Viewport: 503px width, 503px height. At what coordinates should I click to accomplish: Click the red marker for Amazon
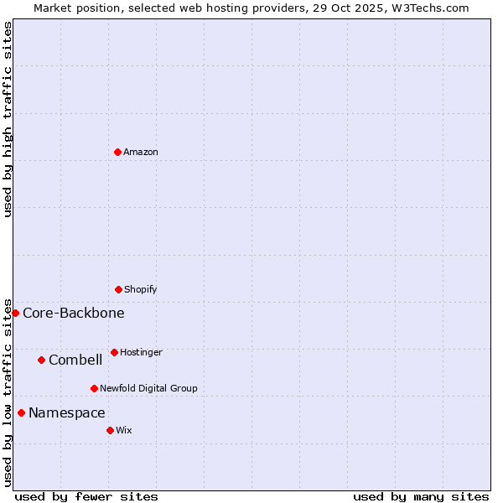(x=117, y=152)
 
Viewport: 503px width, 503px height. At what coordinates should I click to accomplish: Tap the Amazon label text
(x=141, y=153)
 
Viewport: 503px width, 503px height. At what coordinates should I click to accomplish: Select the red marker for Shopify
(x=118, y=289)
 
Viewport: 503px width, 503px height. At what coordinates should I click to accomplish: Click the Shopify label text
(x=141, y=290)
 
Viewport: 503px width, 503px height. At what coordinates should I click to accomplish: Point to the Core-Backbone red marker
(x=15, y=313)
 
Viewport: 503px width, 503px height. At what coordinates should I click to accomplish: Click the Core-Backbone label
(x=74, y=314)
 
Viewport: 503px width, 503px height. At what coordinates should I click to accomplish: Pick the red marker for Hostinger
(x=114, y=352)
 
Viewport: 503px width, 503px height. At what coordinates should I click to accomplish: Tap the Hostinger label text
(x=141, y=353)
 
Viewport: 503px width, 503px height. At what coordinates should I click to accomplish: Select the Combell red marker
(x=41, y=360)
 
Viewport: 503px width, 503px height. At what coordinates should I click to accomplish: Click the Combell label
(x=75, y=360)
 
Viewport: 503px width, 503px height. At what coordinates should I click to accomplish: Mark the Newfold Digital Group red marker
(x=94, y=388)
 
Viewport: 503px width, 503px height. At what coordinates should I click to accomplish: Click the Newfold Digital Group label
(x=148, y=389)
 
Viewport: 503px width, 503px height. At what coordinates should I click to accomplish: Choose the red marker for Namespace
(x=21, y=412)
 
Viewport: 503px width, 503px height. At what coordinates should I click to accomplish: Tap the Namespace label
(x=67, y=413)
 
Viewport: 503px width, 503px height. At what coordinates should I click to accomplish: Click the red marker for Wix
(x=110, y=430)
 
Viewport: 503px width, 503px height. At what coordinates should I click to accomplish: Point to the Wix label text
(x=124, y=431)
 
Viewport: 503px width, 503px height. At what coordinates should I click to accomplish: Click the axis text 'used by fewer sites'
(x=86, y=497)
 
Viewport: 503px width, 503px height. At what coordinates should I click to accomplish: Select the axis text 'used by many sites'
(x=421, y=497)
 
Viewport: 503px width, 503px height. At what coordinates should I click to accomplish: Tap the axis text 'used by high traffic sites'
(x=8, y=119)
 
